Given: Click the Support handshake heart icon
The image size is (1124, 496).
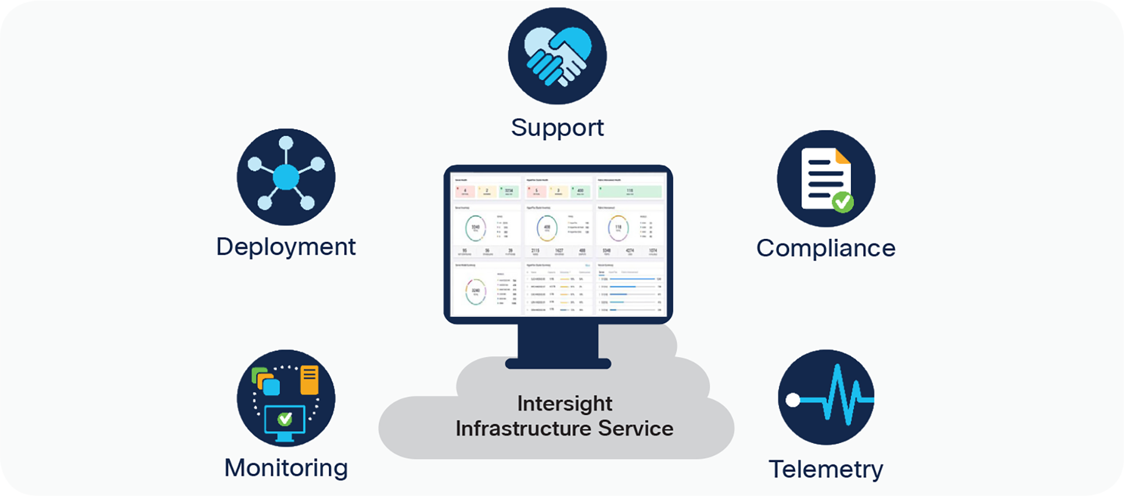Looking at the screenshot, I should pos(557,56).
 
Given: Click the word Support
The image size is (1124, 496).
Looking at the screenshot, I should pos(557,128).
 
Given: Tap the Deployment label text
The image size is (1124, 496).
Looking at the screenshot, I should pos(286,247).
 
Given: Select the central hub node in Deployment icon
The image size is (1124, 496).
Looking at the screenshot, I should pos(286,177).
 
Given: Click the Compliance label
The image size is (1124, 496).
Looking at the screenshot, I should pos(825,248).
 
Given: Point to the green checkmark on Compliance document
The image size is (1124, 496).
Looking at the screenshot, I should pos(842,202).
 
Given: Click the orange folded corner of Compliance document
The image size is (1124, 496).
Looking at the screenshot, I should pos(842,156).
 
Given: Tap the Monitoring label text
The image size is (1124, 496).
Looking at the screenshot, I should pos(286,468).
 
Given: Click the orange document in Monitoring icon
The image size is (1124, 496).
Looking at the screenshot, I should pos(309,380).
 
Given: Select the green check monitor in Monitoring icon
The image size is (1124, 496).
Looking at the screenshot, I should pos(285,419).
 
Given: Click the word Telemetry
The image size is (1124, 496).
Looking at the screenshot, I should pos(825,469).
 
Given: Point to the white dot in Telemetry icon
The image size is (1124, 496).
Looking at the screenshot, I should pos(793,400).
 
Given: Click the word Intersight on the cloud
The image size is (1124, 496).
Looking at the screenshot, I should pos(564,404).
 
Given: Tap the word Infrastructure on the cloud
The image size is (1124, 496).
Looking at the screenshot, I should pos(524,429).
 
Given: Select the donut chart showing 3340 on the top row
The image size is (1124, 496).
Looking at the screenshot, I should pos(476,228).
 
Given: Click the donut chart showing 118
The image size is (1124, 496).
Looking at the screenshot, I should pos(618,228).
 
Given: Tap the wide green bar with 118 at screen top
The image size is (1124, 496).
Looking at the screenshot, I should pos(630,191).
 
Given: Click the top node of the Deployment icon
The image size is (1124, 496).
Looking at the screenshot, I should pos(286,143).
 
